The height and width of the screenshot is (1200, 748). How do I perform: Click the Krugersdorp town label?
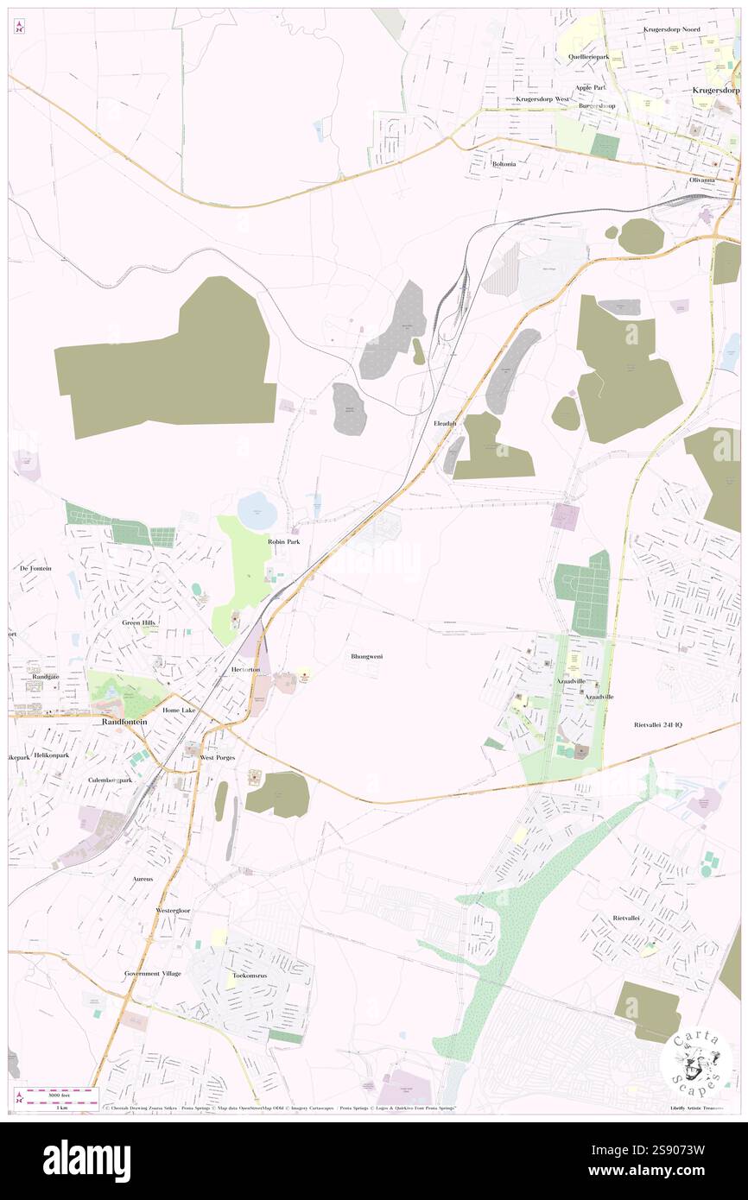716,90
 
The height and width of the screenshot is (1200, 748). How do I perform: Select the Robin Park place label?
283,541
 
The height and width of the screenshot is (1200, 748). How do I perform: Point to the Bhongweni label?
367,657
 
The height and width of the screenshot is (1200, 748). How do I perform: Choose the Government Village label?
153,973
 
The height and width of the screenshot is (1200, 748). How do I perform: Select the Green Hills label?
139,622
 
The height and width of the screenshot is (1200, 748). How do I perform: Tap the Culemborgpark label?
110,780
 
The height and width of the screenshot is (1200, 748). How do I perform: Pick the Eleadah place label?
445,424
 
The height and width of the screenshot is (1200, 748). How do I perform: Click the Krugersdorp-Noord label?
672,29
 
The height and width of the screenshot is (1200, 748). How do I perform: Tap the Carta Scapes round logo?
696,1062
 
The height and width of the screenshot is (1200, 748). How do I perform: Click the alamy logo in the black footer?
86,1161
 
